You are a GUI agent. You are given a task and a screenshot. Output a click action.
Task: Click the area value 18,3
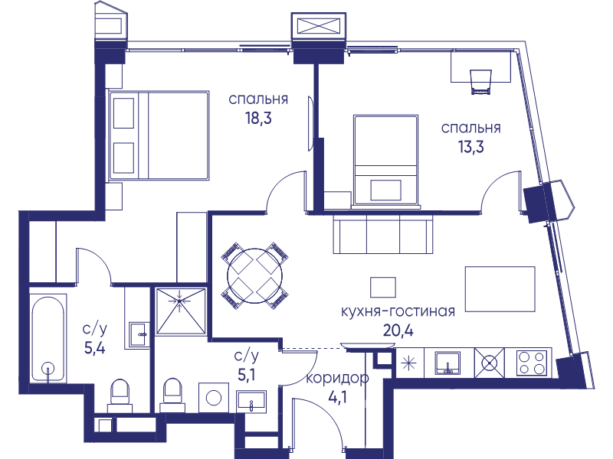pos(258,118)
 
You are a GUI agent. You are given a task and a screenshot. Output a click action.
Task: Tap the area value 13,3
pos(470,147)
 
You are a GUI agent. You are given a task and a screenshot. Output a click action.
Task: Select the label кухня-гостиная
pos(398,311)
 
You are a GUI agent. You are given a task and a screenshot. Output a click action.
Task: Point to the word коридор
pos(337,378)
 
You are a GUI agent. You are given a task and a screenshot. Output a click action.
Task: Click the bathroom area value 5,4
pos(94,347)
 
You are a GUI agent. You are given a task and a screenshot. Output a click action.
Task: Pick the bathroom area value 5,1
pos(247,375)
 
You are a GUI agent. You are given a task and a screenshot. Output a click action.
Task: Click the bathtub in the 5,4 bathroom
pos(48,338)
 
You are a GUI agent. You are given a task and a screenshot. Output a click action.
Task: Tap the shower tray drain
pos(179,301)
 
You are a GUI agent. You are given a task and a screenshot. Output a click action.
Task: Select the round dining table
pos(255,276)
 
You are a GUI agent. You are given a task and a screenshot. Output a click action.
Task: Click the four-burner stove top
pos(532,363)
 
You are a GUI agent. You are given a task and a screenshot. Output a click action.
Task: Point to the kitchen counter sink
pos(447,363)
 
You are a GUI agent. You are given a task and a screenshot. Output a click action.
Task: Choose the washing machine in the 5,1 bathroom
pos(214,398)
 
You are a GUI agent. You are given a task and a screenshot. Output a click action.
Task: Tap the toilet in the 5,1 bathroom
pos(172,394)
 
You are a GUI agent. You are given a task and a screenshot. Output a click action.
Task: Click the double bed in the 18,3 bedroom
pos(159,135)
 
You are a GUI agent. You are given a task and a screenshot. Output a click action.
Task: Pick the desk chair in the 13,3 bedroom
pos(480,82)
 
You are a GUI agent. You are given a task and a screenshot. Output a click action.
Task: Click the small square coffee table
pos(382,288)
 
